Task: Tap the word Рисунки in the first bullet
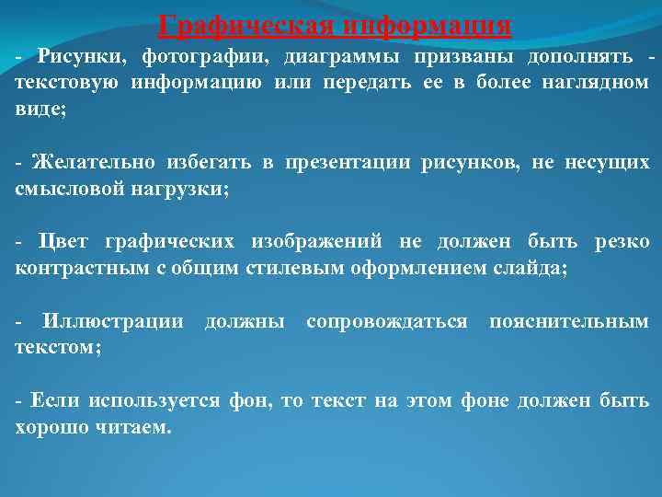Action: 81,57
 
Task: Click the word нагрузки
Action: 187,189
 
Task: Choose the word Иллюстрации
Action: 113,322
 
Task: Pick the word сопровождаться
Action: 386,322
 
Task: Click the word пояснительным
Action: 569,322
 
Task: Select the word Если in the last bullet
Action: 51,401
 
